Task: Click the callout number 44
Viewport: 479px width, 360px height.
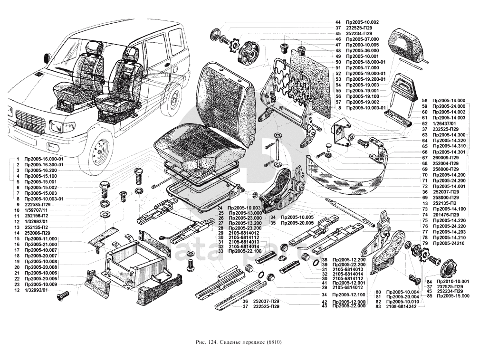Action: [x=338, y=22]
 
